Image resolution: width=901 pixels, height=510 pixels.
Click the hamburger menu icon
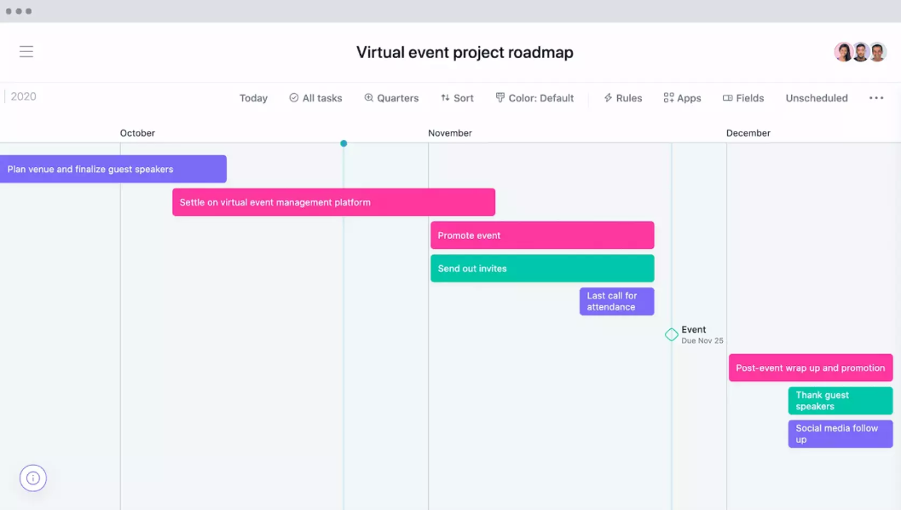[x=26, y=52]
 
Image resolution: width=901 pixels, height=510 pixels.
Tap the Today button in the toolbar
[x=253, y=98]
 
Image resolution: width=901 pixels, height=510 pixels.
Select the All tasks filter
[x=315, y=98]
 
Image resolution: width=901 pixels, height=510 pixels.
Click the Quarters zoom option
[x=391, y=98]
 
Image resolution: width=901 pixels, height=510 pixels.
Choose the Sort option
[x=458, y=98]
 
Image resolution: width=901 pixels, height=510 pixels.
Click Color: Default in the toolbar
[x=534, y=98]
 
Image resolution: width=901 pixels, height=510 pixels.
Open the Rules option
[x=623, y=98]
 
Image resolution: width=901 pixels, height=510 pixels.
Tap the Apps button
[x=682, y=98]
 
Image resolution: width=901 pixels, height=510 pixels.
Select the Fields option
[x=743, y=98]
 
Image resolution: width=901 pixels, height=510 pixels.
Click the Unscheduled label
[x=817, y=98]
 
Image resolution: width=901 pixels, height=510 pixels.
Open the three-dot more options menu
[x=876, y=98]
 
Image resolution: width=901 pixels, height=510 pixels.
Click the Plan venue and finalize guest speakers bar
[x=113, y=169]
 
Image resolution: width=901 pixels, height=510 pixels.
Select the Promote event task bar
[x=542, y=235]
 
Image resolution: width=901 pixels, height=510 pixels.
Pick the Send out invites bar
[x=542, y=269]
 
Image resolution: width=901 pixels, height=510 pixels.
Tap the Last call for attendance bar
[x=616, y=301]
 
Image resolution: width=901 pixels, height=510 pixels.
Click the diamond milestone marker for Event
[x=671, y=334]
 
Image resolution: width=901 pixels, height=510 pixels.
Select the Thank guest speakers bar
[x=840, y=401]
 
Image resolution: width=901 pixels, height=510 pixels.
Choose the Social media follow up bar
[x=840, y=434]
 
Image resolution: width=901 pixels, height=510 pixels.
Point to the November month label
[x=450, y=133]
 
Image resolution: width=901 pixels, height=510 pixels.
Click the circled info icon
[x=32, y=478]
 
